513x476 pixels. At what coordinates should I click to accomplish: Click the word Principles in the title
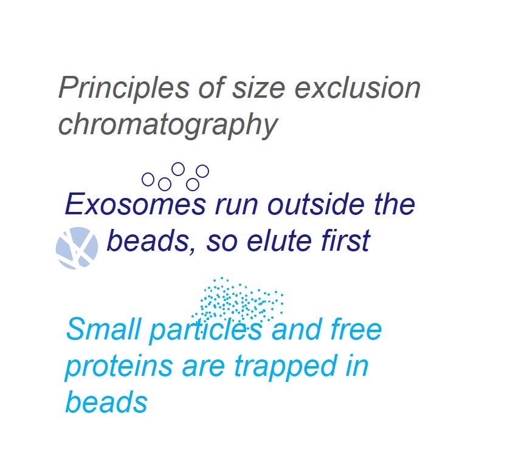point(124,87)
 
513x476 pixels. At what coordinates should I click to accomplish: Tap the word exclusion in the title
point(357,87)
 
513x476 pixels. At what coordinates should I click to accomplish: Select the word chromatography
point(168,124)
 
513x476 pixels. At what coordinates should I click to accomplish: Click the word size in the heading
point(258,87)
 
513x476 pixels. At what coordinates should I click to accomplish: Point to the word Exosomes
point(136,204)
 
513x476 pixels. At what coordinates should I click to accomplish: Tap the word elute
point(279,240)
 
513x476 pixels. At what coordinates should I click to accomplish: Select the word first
point(345,240)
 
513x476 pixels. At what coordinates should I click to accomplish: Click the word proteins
point(119,366)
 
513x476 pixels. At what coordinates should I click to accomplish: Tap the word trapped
point(286,366)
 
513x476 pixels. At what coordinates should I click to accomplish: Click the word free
point(357,328)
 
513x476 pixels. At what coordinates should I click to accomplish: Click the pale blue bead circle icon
point(77,248)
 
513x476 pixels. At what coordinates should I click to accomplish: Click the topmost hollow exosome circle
point(178,169)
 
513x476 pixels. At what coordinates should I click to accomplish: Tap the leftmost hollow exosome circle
point(148,179)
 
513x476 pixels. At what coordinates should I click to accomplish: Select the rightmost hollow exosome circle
point(202,171)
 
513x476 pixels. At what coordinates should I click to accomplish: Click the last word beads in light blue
point(106,402)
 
